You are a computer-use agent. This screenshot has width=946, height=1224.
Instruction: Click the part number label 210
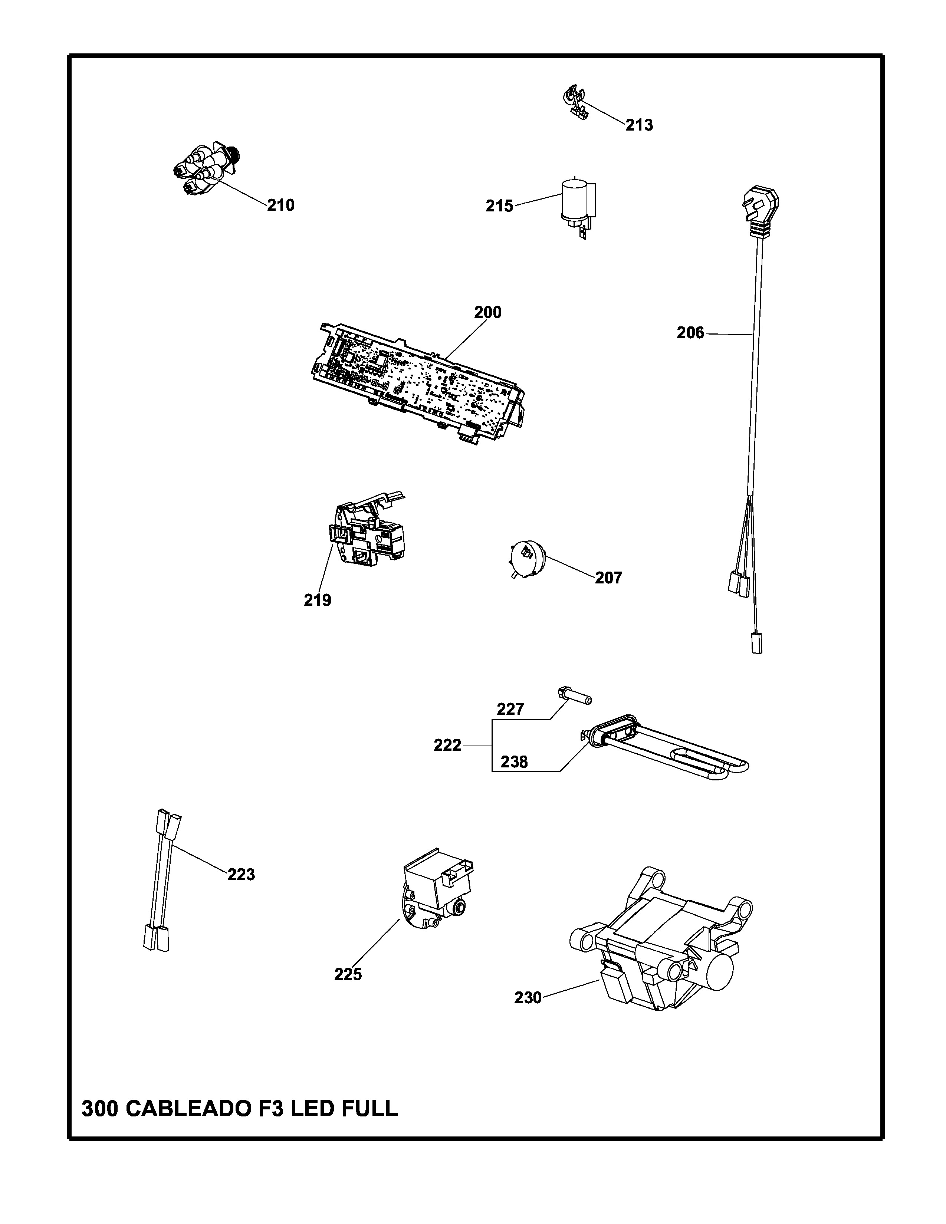tap(280, 206)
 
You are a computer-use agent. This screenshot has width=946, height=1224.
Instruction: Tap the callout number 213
tap(639, 125)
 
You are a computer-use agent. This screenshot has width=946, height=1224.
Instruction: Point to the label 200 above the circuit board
tap(487, 312)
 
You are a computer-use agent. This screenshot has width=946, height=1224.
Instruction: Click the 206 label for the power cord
tap(690, 333)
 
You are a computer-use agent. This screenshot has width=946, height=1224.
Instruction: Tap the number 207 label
tap(609, 578)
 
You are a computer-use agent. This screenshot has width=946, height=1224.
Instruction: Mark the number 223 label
tap(241, 874)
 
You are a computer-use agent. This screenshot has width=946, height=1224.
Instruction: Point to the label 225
tap(348, 975)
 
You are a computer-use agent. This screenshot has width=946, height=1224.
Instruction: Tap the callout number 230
tap(528, 998)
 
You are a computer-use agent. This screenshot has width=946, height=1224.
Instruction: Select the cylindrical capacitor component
tap(575, 202)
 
